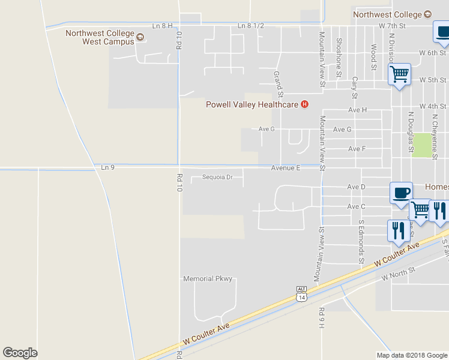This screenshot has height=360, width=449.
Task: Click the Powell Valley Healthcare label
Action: [252, 104]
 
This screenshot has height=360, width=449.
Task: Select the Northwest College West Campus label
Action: [100, 38]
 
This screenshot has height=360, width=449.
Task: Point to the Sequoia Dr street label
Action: [217, 177]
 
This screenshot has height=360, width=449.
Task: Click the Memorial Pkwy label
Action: [207, 279]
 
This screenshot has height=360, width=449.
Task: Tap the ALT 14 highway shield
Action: [301, 293]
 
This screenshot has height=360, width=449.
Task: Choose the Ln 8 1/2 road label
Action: [250, 26]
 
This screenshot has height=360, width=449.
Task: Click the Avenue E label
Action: [285, 168]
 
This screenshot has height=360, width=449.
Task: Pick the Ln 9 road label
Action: [107, 166]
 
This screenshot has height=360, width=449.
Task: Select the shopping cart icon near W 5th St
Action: [399, 75]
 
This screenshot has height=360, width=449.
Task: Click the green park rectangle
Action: [423, 145]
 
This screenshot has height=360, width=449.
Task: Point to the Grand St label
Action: [278, 83]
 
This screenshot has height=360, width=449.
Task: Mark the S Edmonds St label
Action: [361, 241]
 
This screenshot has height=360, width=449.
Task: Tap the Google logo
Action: [20, 353]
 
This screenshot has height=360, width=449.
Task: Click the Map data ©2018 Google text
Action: [411, 355]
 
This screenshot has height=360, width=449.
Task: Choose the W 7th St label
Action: [393, 26]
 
